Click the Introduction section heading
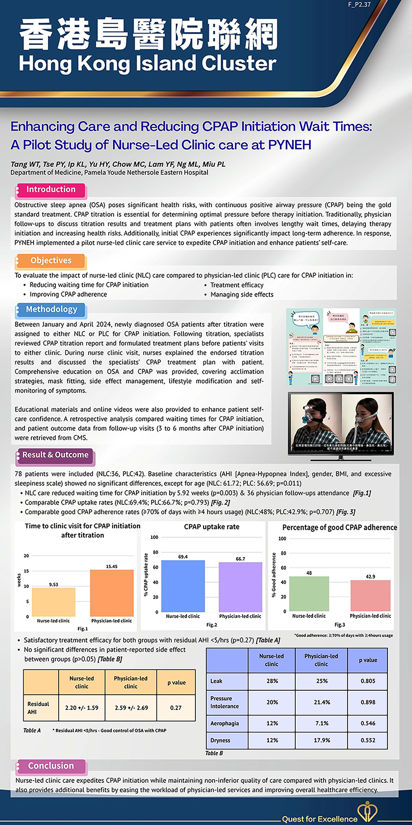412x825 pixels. tap(51, 190)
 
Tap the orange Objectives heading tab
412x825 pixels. tap(51, 261)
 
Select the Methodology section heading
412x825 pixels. tap(51, 310)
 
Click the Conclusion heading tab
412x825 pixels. tap(51, 766)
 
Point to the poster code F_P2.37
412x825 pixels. tap(359, 4)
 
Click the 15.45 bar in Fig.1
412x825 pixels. tap(112, 593)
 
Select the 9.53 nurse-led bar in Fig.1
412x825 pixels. tap(54, 602)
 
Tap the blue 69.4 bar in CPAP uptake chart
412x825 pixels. tap(183, 586)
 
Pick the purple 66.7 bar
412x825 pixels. tap(240, 587)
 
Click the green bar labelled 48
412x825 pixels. tap(309, 593)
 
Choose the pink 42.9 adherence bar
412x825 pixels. tap(370, 595)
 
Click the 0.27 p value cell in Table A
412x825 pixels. tap(176, 708)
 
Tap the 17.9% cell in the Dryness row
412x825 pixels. tap(322, 740)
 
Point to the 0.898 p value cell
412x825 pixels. tap(368, 702)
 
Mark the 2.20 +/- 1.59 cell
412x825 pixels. tap(82, 708)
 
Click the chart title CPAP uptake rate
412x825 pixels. tap(212, 527)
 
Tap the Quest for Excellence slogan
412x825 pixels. tap(319, 819)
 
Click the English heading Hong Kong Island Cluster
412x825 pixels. tap(148, 64)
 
